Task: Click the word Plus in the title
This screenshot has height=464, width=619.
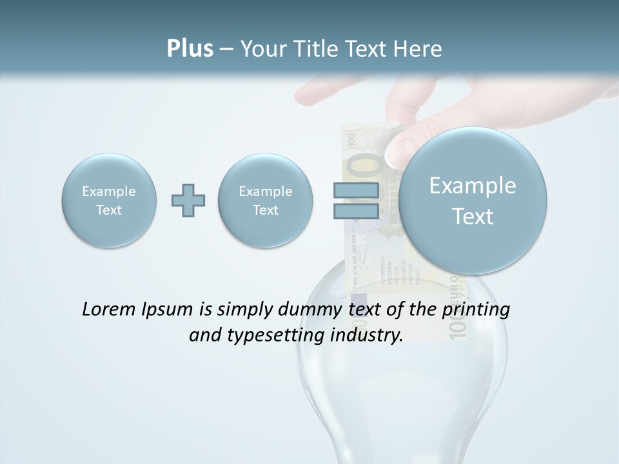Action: [190, 49]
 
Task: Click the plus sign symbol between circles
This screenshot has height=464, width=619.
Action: [188, 200]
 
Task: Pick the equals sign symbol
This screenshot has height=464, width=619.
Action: [356, 200]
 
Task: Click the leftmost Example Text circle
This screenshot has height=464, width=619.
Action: [109, 200]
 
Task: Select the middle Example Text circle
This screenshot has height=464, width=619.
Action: [266, 200]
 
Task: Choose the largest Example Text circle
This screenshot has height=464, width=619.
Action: [473, 200]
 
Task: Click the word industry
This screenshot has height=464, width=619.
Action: [367, 336]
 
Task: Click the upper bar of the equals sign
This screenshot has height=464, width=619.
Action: [356, 190]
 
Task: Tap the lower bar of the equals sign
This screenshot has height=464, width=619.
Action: [356, 211]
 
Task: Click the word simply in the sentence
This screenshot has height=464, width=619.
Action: [245, 310]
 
